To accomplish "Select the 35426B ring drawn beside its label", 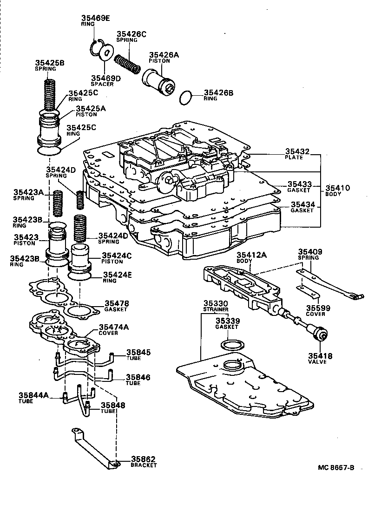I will click(x=186, y=98).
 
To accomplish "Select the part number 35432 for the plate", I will click(x=297, y=151).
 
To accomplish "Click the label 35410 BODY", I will click(x=338, y=190).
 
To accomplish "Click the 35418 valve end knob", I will click(x=321, y=334).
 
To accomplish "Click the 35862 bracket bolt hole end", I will click(x=114, y=462).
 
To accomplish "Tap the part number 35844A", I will click(x=33, y=395).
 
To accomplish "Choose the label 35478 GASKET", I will click(x=116, y=306).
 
